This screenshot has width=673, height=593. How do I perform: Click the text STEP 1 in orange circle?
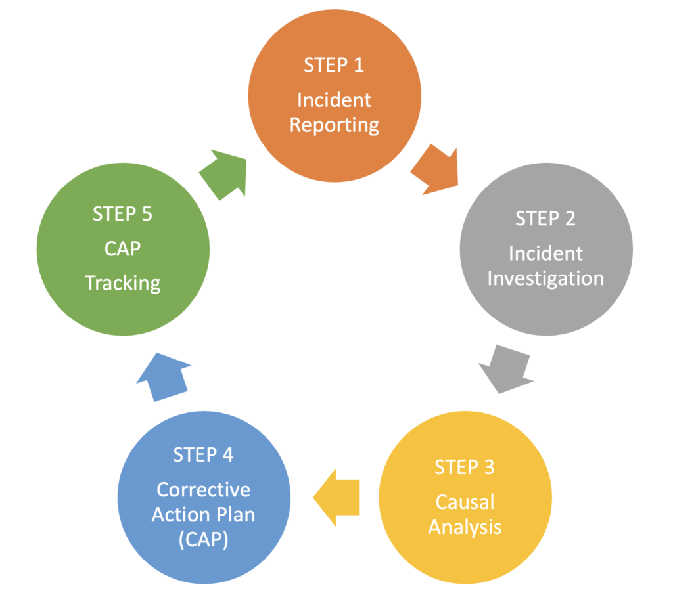[333, 65]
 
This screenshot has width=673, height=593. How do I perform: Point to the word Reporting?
[334, 124]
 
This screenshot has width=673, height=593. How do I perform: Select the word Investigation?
[545, 278]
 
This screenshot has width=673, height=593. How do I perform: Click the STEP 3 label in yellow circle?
[465, 468]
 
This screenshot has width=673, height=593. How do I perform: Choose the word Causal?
[465, 502]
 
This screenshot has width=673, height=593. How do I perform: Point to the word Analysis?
[465, 527]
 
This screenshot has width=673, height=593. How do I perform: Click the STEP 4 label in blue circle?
[203, 454]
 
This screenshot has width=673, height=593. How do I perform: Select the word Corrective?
[203, 490]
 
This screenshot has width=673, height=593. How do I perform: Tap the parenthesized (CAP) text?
[203, 540]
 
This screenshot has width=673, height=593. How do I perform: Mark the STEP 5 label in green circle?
[122, 213]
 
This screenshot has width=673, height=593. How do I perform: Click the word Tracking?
[122, 283]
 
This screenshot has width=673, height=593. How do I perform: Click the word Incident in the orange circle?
[334, 100]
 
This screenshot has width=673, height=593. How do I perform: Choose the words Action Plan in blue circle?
[203, 515]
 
